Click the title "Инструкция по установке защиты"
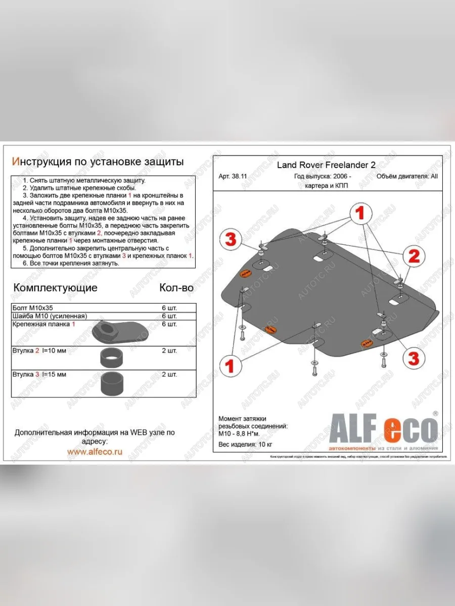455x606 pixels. (98, 161)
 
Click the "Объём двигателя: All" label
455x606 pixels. (407, 177)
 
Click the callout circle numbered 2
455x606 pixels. (414, 257)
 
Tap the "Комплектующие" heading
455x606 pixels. (55, 288)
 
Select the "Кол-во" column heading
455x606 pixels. (176, 288)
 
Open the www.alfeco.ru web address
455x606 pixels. (95, 452)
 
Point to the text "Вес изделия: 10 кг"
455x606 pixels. (245, 444)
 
